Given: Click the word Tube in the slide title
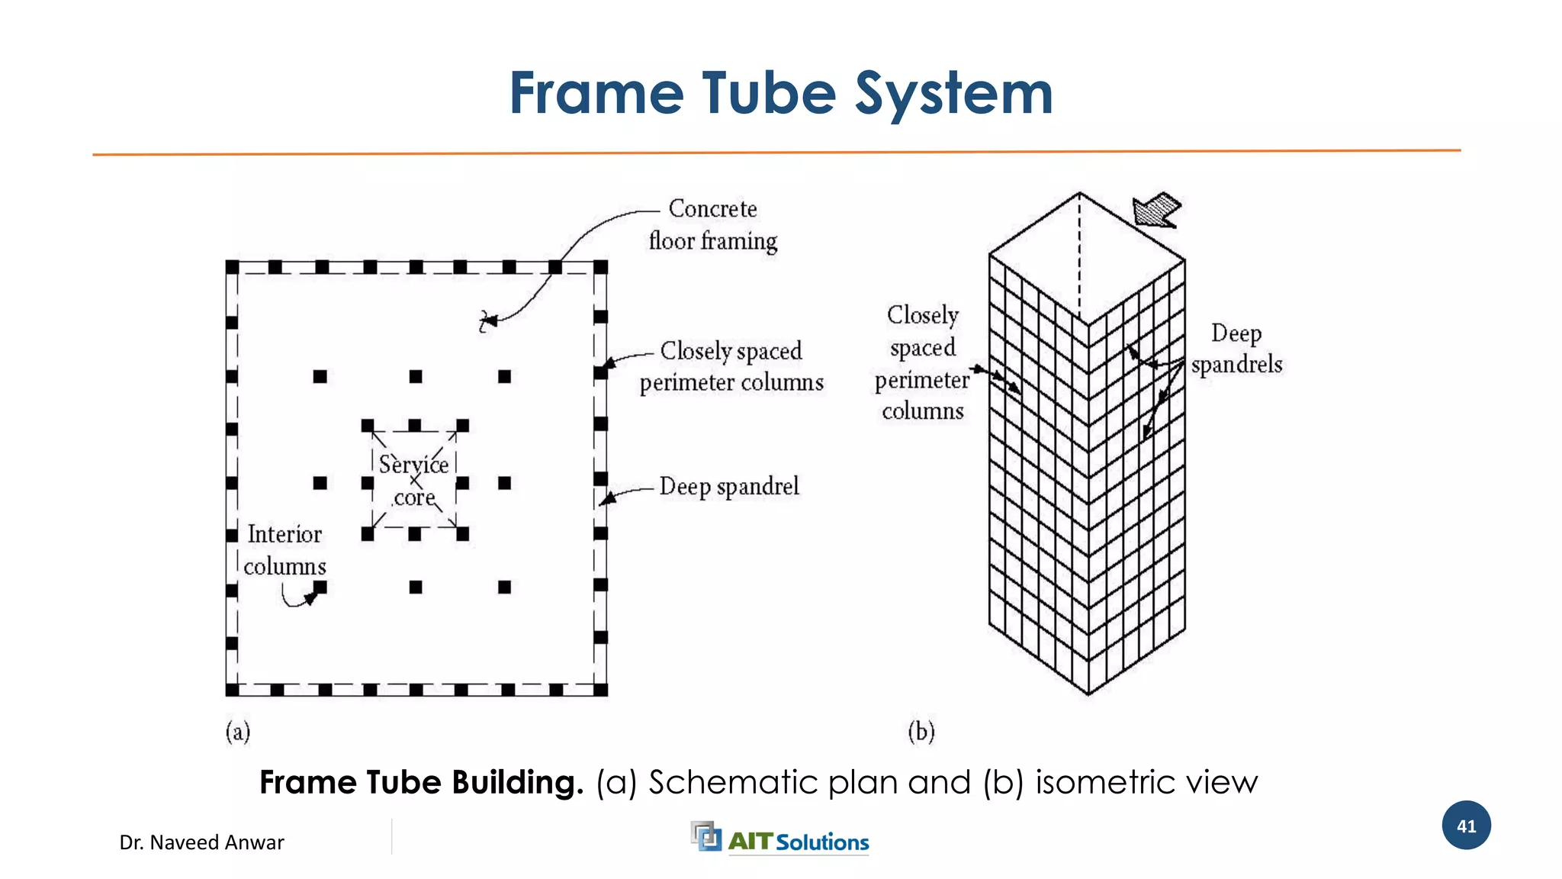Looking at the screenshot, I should (769, 93).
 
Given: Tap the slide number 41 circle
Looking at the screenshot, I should (1466, 826).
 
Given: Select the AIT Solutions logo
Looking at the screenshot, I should (780, 839).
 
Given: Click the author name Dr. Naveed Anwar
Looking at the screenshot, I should (201, 842).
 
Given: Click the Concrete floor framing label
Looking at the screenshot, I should (713, 225).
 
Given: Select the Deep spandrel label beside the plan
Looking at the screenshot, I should (729, 487).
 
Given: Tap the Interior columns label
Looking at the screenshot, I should (284, 550).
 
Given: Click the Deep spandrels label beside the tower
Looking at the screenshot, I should (1236, 349).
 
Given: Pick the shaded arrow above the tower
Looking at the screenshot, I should (1157, 210).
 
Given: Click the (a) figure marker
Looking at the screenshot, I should (237, 732).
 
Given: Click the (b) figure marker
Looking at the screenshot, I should (921, 732).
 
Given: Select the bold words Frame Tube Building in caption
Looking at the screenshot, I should (421, 783).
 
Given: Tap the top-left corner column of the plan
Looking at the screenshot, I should (233, 267).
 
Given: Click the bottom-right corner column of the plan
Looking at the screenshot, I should (601, 690).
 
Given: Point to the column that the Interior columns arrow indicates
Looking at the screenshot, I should (320, 587).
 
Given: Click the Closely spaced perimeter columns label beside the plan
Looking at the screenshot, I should (731, 366).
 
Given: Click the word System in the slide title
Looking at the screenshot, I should (953, 93).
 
